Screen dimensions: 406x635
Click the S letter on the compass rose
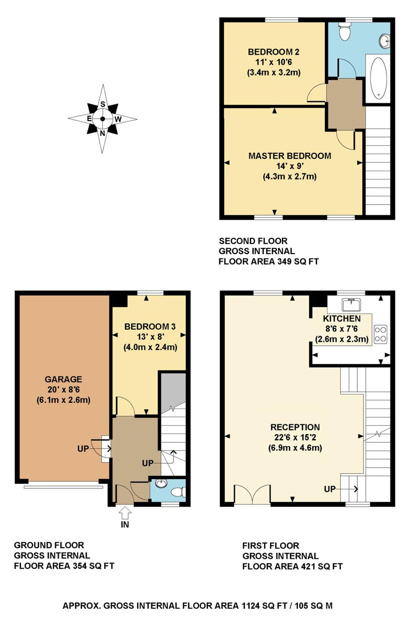tap(102, 104)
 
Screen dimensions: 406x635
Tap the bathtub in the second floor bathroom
tap(378, 78)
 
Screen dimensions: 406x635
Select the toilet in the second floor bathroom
tap(345, 31)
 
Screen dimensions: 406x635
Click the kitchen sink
tap(351, 305)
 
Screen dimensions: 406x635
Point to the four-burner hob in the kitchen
tap(381, 334)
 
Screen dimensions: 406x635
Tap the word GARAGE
tap(63, 379)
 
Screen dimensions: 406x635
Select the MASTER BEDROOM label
tap(290, 156)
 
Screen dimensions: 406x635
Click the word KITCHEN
tap(342, 319)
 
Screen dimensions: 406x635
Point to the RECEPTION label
tap(295, 427)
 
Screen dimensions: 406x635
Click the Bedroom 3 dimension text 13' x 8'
tap(151, 337)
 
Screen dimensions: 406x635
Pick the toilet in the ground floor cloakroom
tap(179, 492)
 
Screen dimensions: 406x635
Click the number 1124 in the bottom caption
tap(250, 606)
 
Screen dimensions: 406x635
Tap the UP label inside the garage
tap(83, 449)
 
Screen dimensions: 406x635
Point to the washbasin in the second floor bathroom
tap(385, 41)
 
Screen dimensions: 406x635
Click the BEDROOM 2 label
tap(273, 52)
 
